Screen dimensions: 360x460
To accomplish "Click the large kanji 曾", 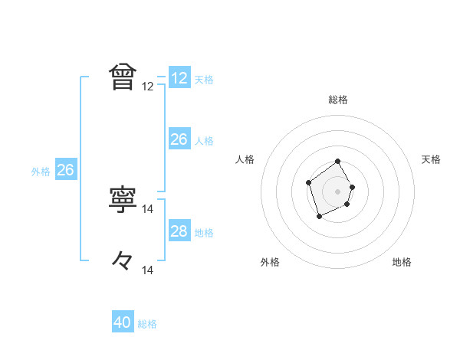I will click(123, 77).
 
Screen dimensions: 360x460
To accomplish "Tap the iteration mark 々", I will click(123, 260).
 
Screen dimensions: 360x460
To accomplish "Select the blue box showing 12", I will click(179, 78).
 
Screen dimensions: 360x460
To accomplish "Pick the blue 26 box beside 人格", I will click(179, 139).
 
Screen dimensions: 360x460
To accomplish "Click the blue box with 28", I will click(179, 231).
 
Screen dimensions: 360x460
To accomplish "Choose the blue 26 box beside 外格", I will click(65, 170).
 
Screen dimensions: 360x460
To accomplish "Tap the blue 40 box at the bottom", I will click(123, 323).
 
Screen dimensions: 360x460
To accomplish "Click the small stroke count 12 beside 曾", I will click(148, 87).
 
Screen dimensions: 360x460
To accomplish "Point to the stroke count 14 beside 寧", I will click(148, 208).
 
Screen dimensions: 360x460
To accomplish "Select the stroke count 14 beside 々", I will click(148, 270).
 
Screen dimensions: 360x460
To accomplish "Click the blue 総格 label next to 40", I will click(147, 324).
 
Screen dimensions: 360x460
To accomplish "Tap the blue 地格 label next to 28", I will click(204, 233).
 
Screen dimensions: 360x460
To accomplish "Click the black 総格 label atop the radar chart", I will click(338, 100).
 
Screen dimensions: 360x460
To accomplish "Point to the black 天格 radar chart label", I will click(431, 159).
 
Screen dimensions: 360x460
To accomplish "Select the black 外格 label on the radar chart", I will click(270, 262).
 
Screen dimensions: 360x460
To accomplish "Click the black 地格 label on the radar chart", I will click(402, 262).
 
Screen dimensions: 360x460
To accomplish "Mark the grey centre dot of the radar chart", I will click(338, 191).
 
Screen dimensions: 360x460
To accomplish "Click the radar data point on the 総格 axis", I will click(338, 162).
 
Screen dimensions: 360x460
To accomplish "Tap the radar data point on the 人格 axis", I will click(308, 182).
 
